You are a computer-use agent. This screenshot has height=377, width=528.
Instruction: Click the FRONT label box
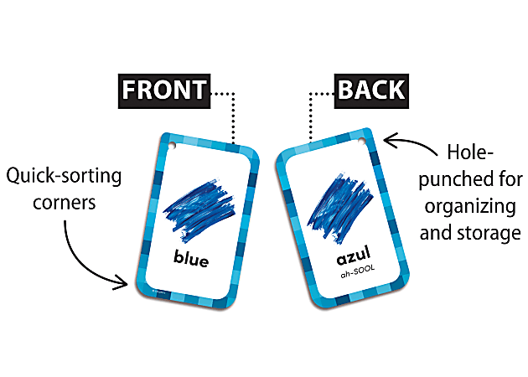click(x=164, y=90)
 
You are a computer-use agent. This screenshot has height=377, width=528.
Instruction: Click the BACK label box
click(x=371, y=90)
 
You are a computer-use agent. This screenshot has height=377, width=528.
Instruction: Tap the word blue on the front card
click(x=191, y=258)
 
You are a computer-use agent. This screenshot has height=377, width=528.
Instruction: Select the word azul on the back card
click(x=354, y=256)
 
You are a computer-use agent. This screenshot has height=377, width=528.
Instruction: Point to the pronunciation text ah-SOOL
click(x=357, y=272)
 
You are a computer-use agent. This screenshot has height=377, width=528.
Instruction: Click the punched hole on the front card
click(x=172, y=146)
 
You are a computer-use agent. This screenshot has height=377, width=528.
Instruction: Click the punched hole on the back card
click(x=361, y=140)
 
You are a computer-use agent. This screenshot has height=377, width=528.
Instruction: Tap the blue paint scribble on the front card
click(x=199, y=209)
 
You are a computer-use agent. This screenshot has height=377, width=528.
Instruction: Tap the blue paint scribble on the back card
click(x=339, y=208)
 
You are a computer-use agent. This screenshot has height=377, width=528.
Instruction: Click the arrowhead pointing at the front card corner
click(x=122, y=282)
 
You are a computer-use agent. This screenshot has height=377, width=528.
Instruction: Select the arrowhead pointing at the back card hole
click(x=390, y=140)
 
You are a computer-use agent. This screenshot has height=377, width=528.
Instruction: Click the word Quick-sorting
click(x=64, y=176)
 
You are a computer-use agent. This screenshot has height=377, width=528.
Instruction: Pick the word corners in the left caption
click(x=65, y=203)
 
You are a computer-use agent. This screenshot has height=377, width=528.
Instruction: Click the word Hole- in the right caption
click(x=470, y=152)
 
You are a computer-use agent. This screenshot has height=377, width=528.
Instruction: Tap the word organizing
click(x=470, y=206)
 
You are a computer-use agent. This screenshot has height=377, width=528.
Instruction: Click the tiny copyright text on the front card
click(x=158, y=292)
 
